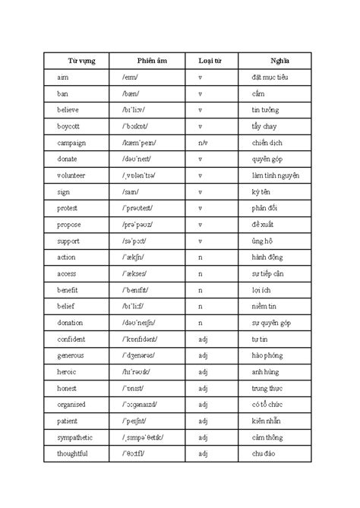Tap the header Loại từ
pyautogui.click(x=210, y=61)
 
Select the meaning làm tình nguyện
pyautogui.click(x=275, y=175)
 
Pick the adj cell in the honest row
pyautogui.click(x=202, y=388)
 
